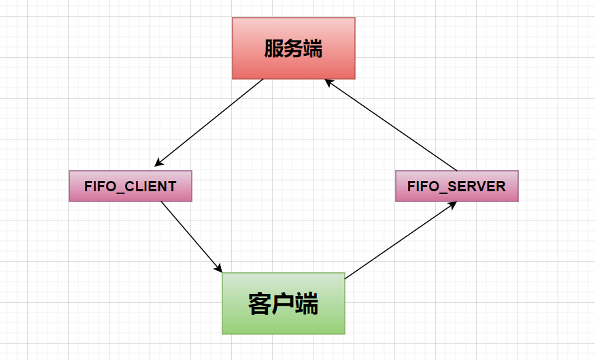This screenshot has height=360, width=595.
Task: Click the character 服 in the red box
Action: [x=274, y=49]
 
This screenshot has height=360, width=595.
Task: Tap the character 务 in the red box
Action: [x=294, y=49]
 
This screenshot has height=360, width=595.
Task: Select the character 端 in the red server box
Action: [x=313, y=49]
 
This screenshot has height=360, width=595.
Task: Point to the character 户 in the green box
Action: [x=284, y=304]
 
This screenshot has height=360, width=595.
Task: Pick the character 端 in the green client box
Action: [x=307, y=304]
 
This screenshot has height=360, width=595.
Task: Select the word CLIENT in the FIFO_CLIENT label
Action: [x=150, y=186]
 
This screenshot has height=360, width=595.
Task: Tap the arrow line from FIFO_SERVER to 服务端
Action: [x=391, y=125]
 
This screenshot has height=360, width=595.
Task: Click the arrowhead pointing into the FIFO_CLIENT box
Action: [x=158, y=163]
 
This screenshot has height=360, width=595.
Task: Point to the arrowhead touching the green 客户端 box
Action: [x=219, y=268]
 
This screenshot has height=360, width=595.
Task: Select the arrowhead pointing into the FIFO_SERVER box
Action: [x=452, y=205]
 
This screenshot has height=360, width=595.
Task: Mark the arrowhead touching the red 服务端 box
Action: [x=327, y=81]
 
